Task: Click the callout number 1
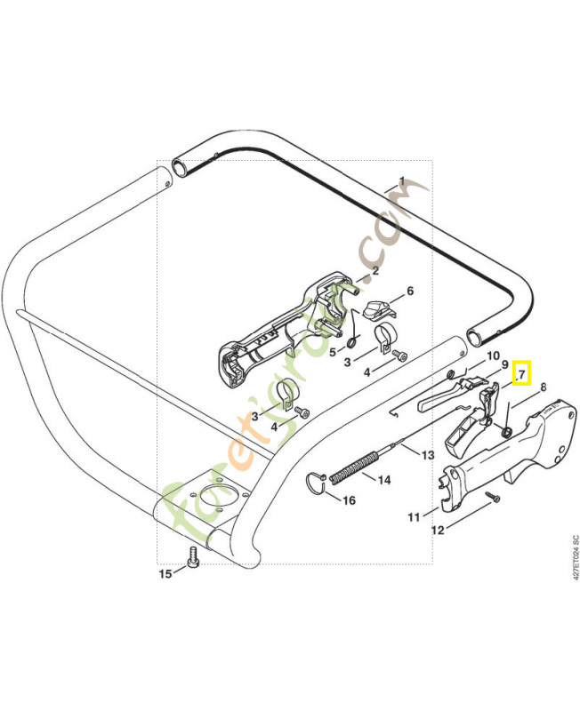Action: [402, 182]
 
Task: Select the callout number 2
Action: [375, 271]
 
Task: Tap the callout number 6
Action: [410, 291]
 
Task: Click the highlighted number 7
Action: [521, 374]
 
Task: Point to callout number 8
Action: [543, 387]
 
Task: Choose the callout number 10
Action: [493, 356]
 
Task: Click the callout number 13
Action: [428, 455]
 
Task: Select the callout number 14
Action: [384, 480]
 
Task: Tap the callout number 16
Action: [349, 500]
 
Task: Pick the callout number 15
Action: [165, 573]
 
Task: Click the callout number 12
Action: [438, 530]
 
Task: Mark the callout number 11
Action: [414, 517]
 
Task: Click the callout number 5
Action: [333, 351]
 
